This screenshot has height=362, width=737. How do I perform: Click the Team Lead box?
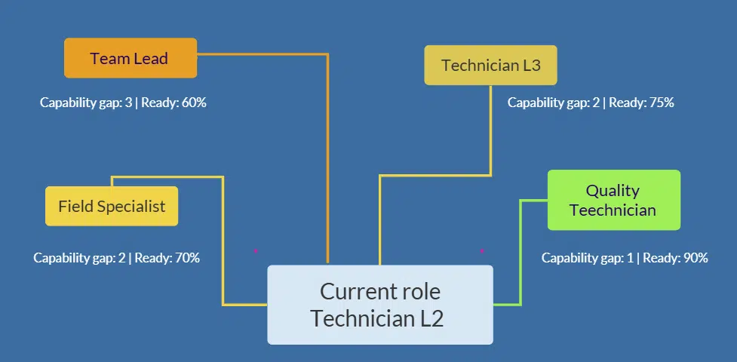click(x=131, y=58)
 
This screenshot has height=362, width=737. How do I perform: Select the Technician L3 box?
click(x=490, y=65)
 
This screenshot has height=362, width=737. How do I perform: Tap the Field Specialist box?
click(x=112, y=206)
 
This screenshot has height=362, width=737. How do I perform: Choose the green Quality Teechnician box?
click(x=613, y=200)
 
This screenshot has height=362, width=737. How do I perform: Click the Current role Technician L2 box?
click(x=380, y=305)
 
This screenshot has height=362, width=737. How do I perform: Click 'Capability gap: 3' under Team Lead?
click(x=86, y=103)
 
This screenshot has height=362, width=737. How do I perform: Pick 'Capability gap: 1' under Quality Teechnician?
click(x=588, y=258)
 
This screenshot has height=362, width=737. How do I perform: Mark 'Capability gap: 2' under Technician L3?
click(x=554, y=103)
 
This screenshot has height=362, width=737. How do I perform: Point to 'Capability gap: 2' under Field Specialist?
click(x=79, y=258)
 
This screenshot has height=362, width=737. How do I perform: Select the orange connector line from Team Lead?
click(x=327, y=151)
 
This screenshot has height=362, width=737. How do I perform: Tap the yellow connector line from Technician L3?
click(x=491, y=136)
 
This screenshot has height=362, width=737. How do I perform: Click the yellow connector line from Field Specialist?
click(x=223, y=241)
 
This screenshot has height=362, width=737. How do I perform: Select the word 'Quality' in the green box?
click(x=613, y=191)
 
